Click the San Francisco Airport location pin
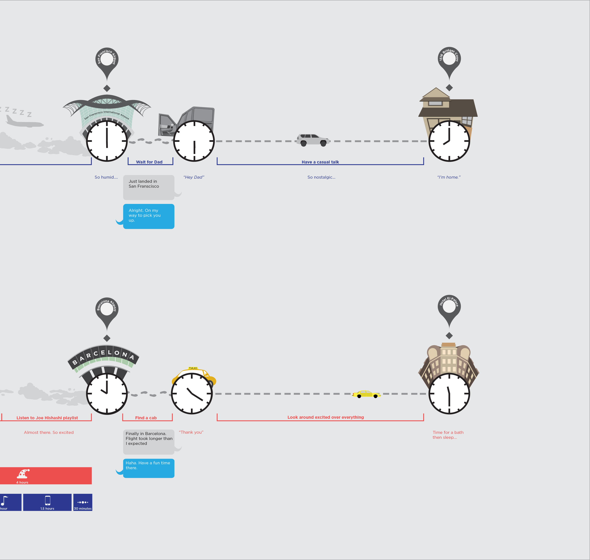pyautogui.click(x=107, y=61)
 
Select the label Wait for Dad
pyautogui.click(x=149, y=162)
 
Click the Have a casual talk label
pyautogui.click(x=320, y=162)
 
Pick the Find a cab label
pyautogui.click(x=146, y=418)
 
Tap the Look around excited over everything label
pyautogui.click(x=326, y=417)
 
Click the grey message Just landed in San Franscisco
pyautogui.click(x=149, y=187)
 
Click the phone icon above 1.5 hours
pyautogui.click(x=48, y=500)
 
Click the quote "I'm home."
pyautogui.click(x=449, y=177)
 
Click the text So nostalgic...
pyautogui.click(x=321, y=177)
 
